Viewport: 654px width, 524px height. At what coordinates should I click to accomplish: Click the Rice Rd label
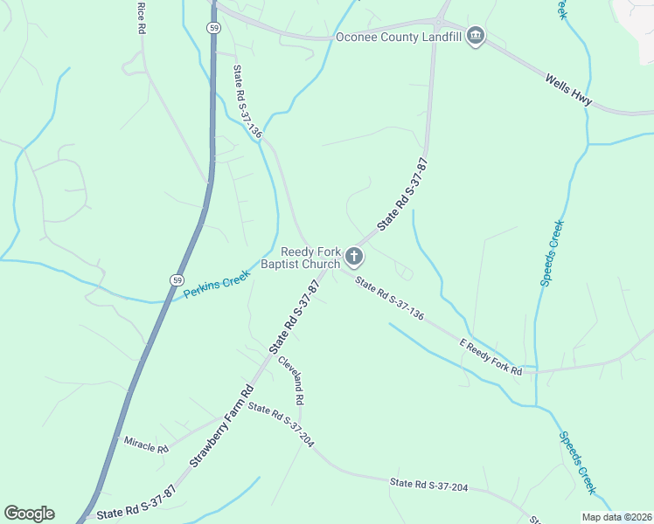141,17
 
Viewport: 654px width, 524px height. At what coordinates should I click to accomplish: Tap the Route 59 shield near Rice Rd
214,29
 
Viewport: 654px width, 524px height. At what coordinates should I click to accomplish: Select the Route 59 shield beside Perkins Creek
176,279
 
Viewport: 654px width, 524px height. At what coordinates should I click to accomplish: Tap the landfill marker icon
476,36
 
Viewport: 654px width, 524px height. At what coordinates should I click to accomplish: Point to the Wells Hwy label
569,91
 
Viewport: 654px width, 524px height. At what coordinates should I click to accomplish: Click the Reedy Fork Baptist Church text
310,258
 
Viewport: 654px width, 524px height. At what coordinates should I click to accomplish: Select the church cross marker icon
354,256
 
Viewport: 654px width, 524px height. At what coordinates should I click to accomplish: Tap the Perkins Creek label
217,285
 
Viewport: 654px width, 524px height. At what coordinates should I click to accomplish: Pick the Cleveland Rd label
292,379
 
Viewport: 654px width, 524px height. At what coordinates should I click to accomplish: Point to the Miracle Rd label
145,447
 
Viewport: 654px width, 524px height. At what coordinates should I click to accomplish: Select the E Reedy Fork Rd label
491,357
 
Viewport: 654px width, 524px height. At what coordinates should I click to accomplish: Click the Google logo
29,514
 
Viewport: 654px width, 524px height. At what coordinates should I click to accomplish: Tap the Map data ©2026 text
617,517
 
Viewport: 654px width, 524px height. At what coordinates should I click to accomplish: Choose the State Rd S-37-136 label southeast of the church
389,298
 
